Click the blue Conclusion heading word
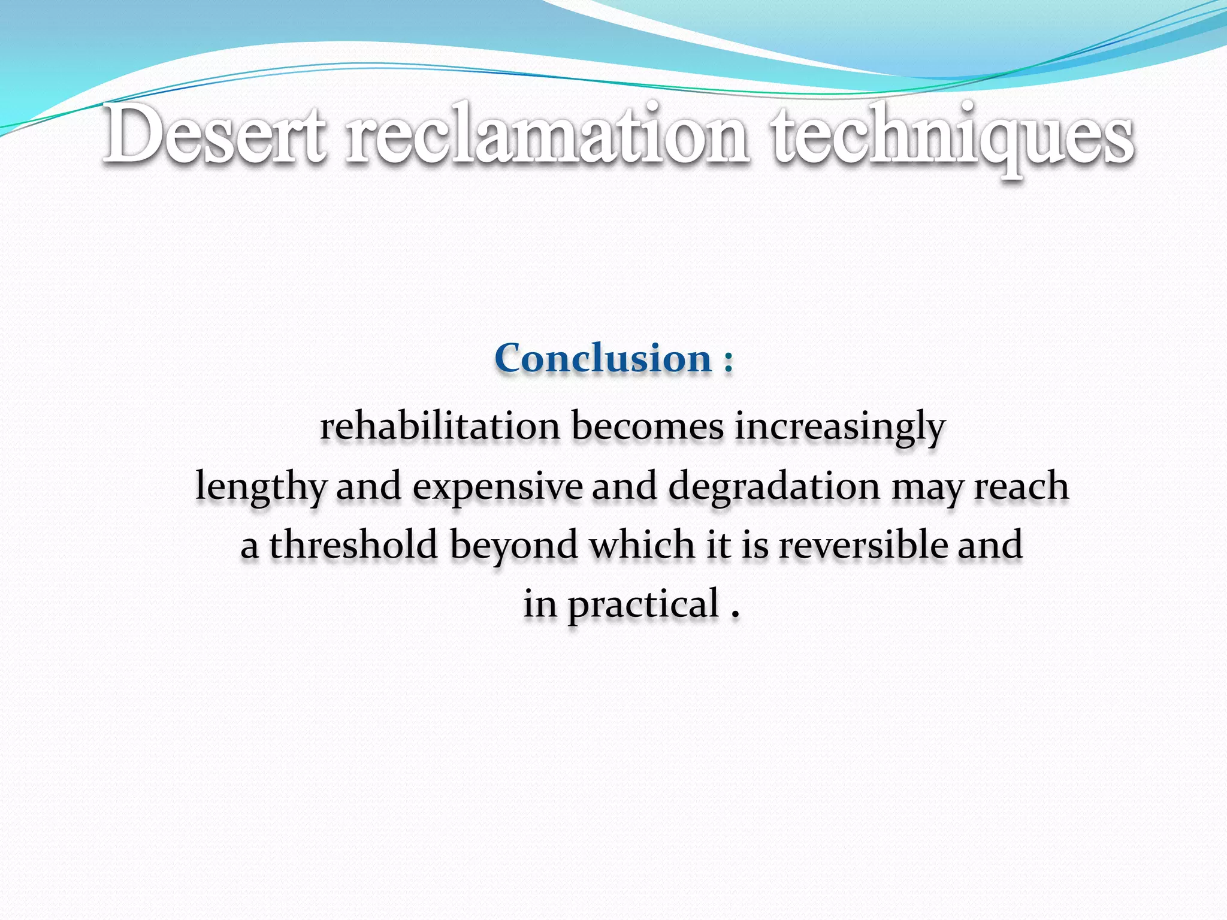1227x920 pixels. coord(603,359)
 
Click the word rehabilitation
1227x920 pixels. coord(440,426)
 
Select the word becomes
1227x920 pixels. coord(648,426)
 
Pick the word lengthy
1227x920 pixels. coord(261,487)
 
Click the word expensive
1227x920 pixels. coord(497,487)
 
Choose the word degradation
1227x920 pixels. coord(774,487)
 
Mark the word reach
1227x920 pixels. coord(1021,486)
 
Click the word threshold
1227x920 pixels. coord(353,545)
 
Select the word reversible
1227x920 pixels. coord(863,545)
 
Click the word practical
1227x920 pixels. coord(643,605)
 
